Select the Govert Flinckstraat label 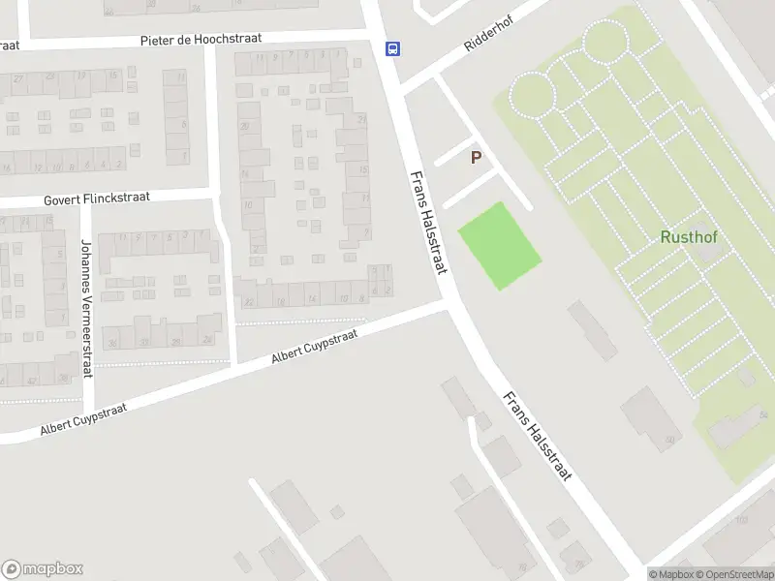(x=97, y=199)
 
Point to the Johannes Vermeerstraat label (x=86, y=281)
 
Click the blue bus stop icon (x=392, y=48)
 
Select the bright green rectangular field (x=498, y=245)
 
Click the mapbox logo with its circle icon (x=42, y=569)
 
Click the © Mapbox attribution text (x=671, y=574)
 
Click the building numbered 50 (x=651, y=416)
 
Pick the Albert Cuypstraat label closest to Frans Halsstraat (x=314, y=346)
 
